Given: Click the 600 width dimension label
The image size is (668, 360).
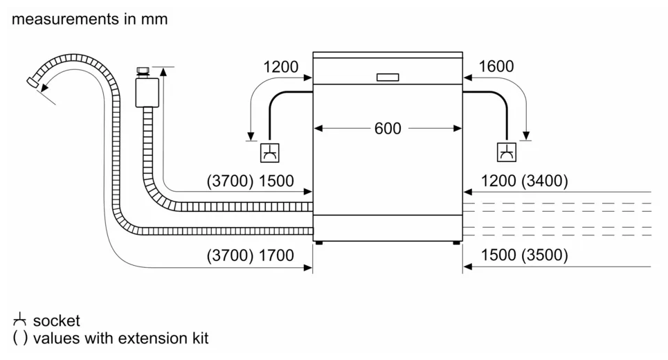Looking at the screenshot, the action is point(388,128).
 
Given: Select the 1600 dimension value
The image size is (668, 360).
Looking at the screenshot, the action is point(496,66).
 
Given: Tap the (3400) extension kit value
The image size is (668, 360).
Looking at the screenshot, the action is point(545,181).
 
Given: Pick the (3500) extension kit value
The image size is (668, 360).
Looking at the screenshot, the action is point(545,255).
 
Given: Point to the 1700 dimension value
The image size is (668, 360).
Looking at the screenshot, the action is point(276,255).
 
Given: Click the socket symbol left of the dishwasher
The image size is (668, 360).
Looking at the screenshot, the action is point(270,152).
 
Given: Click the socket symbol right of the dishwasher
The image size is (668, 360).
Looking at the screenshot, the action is point(507,152).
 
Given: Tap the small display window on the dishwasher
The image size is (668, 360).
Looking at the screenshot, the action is point(388,77).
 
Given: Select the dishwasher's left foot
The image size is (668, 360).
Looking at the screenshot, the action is point(318,243).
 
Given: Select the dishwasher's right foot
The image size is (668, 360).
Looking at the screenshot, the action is point(456,243).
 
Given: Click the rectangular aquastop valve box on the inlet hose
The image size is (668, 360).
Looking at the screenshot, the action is point(147,92).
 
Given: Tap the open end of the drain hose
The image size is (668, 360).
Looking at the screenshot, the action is point(33,83).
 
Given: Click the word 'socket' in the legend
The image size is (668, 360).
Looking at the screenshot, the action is point(56,321).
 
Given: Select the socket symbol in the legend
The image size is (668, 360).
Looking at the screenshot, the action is point(19,320).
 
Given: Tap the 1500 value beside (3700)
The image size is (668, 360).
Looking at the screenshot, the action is point(276,181).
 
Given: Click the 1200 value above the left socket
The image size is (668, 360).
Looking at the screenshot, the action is point(281,67).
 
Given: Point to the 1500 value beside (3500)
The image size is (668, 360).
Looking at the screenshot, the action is point(498,255).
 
